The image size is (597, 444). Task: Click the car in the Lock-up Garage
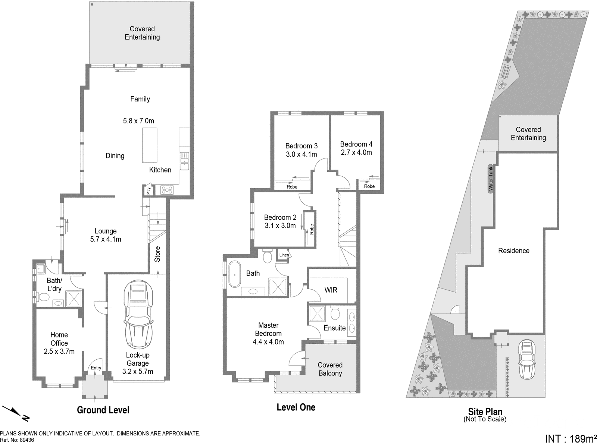[138, 314]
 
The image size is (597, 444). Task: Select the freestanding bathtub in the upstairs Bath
[235, 274]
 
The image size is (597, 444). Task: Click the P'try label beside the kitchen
[149, 190]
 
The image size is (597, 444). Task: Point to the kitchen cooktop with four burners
[167, 190]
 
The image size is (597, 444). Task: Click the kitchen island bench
[150, 145]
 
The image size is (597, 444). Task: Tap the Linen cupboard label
[284, 255]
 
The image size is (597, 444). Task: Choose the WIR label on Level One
[331, 290]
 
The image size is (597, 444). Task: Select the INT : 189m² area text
[571, 439]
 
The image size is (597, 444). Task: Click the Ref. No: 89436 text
[17, 440]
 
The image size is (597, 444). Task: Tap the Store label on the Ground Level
[157, 254]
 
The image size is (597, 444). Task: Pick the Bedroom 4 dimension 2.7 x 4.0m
[356, 152]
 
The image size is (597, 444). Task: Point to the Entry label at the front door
[96, 368]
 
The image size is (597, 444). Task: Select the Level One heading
[296, 407]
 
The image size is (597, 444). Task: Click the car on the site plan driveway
[527, 359]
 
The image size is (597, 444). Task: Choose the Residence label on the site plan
[513, 251]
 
